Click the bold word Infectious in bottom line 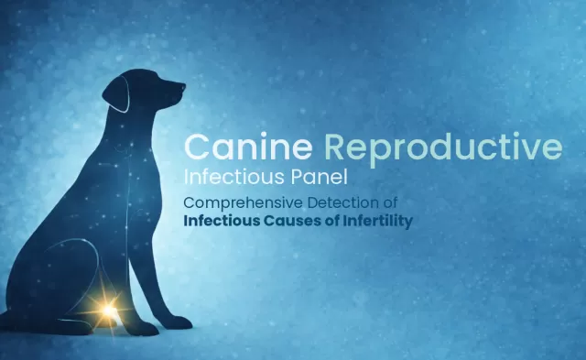(221, 221)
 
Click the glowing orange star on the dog (110, 312)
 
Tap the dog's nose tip (182, 89)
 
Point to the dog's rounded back (64, 202)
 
